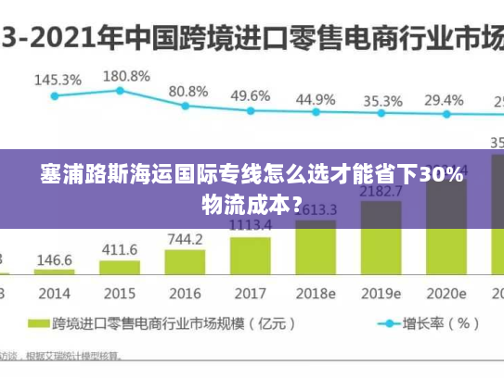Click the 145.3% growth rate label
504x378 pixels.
(58, 80)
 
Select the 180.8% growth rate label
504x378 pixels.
(125, 75)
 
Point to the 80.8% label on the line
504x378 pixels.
(188, 92)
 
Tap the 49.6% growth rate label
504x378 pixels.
(250, 95)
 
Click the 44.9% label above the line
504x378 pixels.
(316, 99)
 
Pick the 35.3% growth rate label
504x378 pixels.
(382, 101)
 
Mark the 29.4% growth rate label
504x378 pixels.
(444, 100)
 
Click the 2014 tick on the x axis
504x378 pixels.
(54, 293)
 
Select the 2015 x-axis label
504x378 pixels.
(119, 293)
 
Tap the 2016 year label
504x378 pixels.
(184, 293)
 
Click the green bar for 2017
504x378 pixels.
(251, 256)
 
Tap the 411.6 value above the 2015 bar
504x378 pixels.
(119, 249)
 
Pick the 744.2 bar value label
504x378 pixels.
(185, 239)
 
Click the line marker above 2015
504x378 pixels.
(121, 91)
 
